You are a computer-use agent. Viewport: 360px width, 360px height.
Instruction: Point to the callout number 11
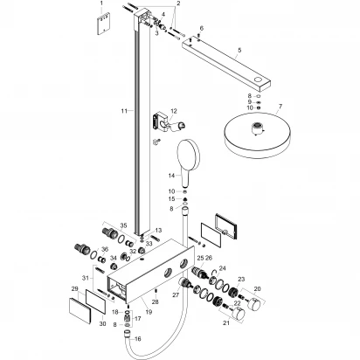pyautogui.click(x=124, y=111)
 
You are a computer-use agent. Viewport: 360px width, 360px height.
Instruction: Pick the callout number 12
pyautogui.click(x=173, y=111)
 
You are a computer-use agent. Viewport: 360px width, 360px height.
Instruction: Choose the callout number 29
pyautogui.click(x=74, y=287)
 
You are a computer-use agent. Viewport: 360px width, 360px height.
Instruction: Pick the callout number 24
pyautogui.click(x=222, y=268)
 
